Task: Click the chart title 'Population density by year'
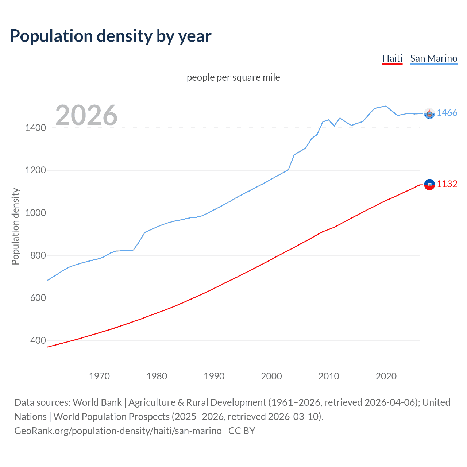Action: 111,36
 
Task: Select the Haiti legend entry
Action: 392,58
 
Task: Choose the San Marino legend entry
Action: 433,58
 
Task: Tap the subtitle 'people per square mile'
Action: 233,77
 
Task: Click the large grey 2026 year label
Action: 86,115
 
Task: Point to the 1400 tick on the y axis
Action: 35,128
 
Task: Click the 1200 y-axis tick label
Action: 35,170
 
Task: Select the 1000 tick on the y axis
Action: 35,213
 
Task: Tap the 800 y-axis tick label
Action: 38,255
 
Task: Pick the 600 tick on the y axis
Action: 38,298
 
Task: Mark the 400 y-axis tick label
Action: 38,340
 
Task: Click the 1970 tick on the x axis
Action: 99,376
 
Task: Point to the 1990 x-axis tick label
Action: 214,376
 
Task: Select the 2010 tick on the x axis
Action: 329,376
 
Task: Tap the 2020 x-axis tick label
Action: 386,376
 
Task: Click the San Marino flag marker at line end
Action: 429,114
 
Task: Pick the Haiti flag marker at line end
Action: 429,185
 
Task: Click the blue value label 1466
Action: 447,113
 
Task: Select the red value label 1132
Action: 447,184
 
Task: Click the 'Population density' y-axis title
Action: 15,226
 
